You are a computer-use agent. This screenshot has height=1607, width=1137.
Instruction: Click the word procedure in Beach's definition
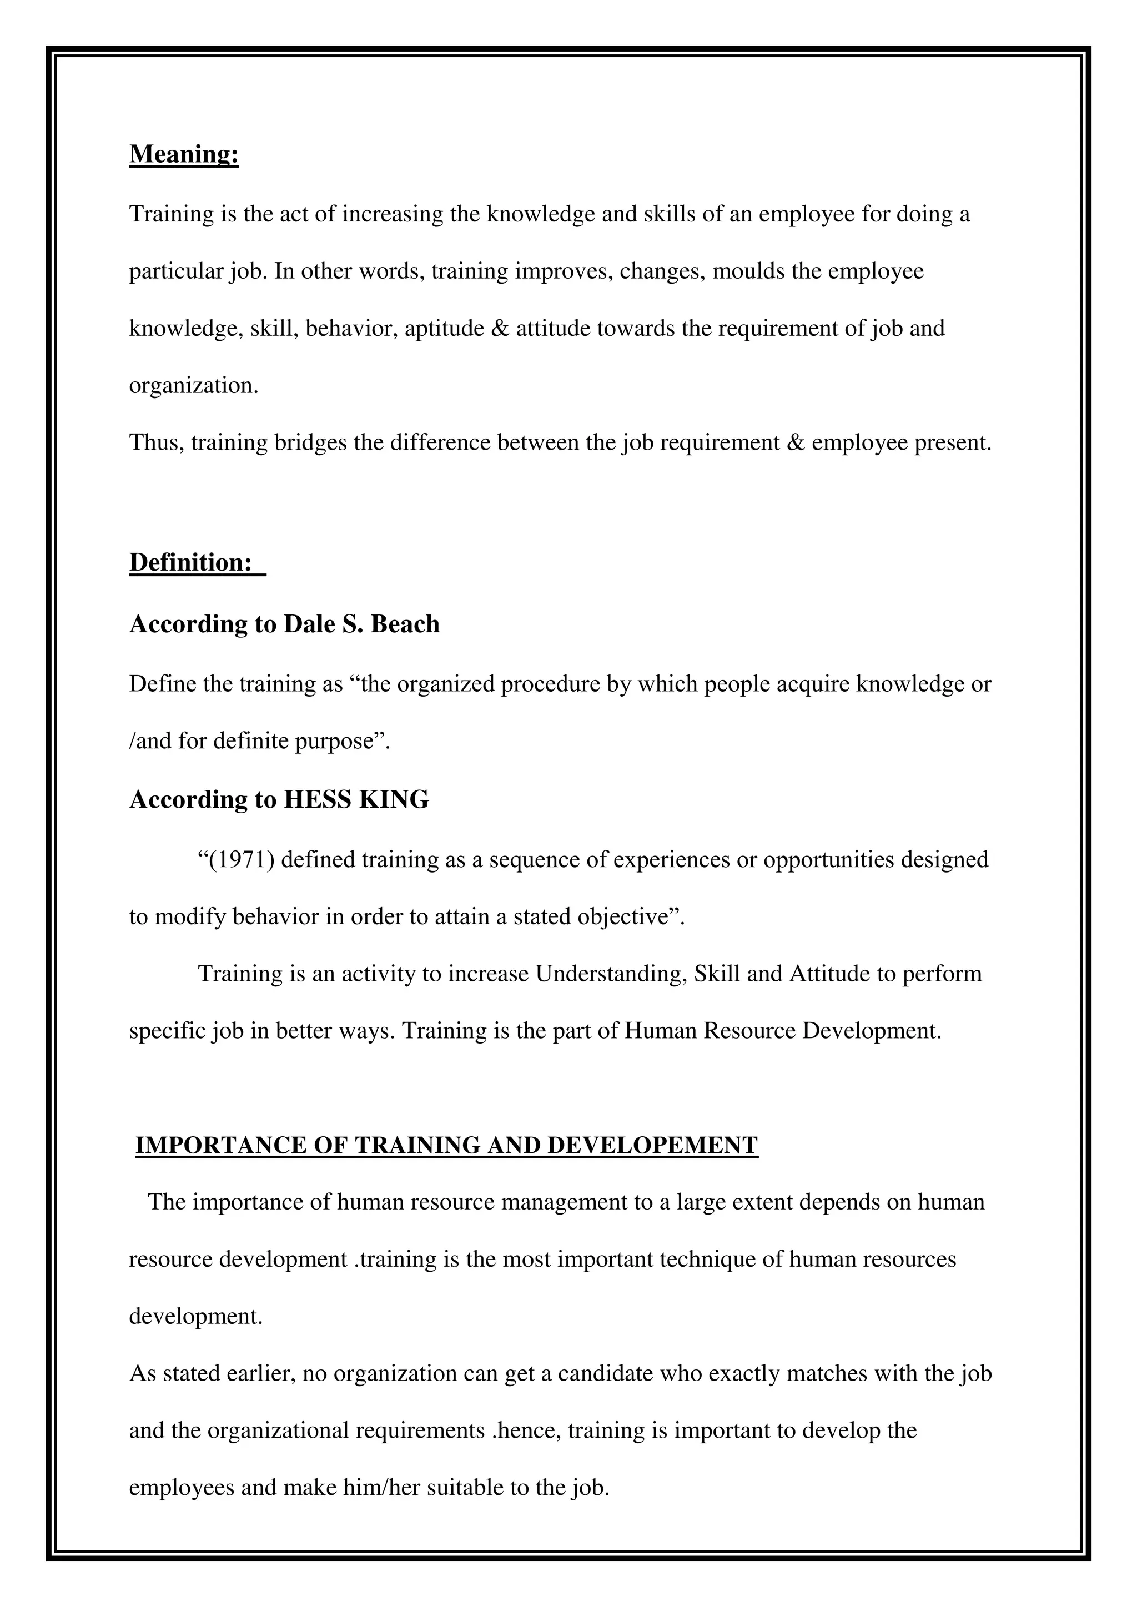(550, 684)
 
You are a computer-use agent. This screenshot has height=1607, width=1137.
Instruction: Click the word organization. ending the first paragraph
(194, 386)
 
